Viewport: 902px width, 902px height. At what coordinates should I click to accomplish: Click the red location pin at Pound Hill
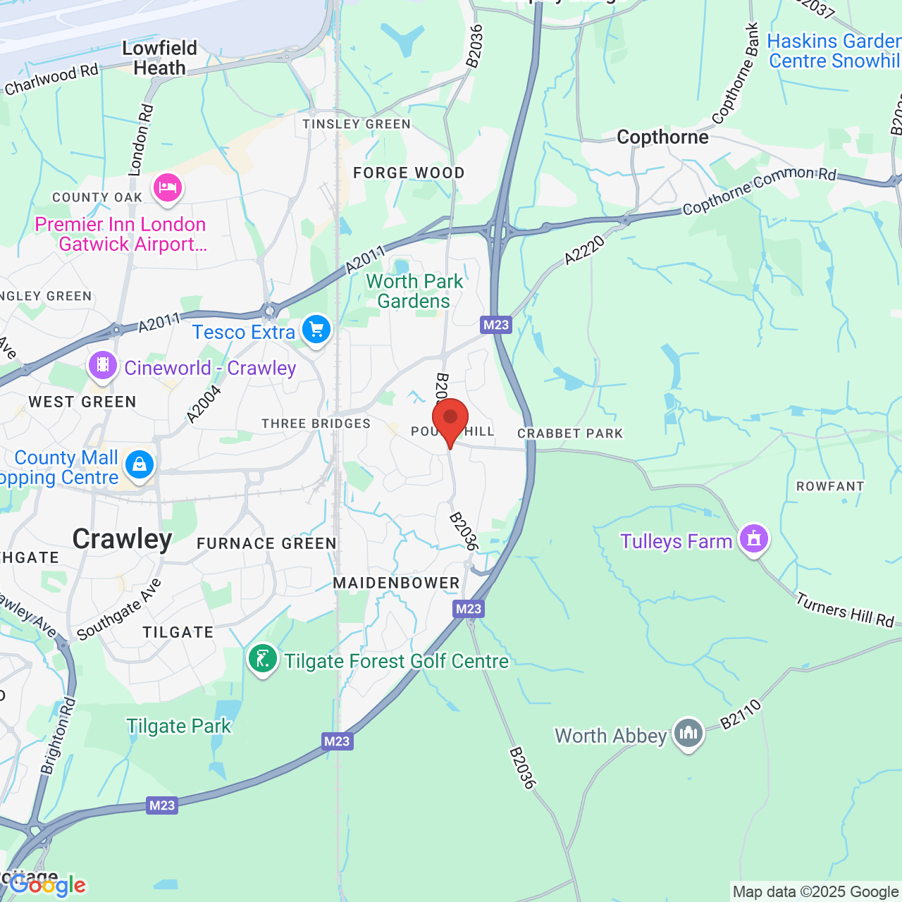(x=450, y=419)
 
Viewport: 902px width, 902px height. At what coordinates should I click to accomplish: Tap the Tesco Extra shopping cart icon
(x=316, y=330)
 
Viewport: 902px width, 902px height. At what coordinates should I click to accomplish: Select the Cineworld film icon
(x=103, y=366)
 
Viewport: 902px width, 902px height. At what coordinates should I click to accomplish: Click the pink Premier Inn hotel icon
(x=167, y=188)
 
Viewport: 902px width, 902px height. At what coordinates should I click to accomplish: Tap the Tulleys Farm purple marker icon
(x=754, y=539)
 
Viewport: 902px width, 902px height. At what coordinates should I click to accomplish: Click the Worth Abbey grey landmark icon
(x=688, y=734)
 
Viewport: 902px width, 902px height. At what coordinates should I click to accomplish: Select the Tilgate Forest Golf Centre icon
(x=263, y=660)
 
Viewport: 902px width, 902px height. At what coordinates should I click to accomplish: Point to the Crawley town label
(x=123, y=539)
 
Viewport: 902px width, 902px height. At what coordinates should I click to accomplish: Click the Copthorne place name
(x=662, y=137)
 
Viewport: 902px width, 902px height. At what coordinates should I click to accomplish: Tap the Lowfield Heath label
(x=160, y=58)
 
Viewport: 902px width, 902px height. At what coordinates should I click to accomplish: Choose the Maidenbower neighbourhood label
(x=396, y=583)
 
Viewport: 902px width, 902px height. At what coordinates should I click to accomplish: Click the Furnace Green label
(x=266, y=543)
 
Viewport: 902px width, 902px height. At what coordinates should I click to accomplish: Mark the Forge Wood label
(x=409, y=173)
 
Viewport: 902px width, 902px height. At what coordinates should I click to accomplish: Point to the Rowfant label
(x=830, y=486)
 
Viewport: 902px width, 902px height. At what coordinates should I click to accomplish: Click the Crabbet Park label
(x=570, y=433)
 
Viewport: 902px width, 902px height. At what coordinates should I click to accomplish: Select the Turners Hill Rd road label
(x=845, y=610)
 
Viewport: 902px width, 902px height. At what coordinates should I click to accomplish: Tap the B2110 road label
(x=741, y=713)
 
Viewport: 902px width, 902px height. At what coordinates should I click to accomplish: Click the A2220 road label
(x=585, y=251)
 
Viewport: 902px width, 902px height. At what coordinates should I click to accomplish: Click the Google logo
(x=47, y=884)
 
